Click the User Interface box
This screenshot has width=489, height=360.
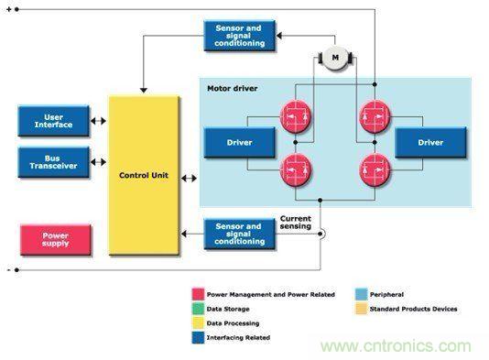(54, 121)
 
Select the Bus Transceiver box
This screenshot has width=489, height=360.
(54, 162)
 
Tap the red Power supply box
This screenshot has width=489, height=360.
(56, 240)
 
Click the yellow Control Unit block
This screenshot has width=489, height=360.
(144, 175)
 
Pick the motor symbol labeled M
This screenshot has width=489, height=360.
(335, 58)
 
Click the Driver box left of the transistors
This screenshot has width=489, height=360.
(240, 143)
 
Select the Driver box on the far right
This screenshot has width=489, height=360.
(430, 143)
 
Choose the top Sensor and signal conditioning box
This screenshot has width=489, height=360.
(240, 36)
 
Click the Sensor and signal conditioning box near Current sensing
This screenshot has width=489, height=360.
(240, 234)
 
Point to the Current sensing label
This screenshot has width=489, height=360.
(296, 222)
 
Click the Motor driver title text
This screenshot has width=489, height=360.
(233, 88)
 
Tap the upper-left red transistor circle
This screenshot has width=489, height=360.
(296, 117)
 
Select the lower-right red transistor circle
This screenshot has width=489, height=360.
(375, 170)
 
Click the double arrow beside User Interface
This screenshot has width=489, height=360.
(98, 121)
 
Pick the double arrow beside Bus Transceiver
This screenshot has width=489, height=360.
(98, 162)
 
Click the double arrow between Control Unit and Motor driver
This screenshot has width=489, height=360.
(189, 179)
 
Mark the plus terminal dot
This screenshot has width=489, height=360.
(16, 10)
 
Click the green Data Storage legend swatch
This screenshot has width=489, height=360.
(198, 309)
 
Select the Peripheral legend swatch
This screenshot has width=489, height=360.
(361, 294)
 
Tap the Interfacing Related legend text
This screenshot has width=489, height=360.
(238, 337)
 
